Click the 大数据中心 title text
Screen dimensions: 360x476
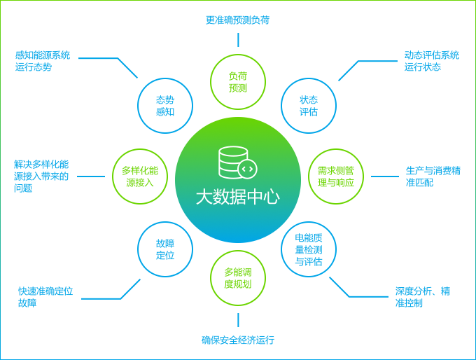(237, 197)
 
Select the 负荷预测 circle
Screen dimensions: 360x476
(238, 81)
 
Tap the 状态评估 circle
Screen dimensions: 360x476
(308, 105)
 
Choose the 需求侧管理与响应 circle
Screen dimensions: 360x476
(336, 176)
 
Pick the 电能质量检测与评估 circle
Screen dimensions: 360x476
(308, 250)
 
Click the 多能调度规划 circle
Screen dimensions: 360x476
(238, 277)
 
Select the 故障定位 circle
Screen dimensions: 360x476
(165, 249)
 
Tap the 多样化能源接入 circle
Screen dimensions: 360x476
(140, 176)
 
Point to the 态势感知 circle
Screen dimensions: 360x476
(165, 105)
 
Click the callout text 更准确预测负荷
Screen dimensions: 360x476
(237, 20)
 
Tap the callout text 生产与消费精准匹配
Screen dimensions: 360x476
(433, 176)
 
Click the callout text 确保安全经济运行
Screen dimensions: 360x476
(237, 340)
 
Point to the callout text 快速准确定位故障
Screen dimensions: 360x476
(45, 297)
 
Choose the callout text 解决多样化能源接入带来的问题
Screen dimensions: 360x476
(41, 176)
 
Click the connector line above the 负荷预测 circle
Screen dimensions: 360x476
(238, 39)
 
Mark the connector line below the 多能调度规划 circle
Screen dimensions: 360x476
(238, 320)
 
